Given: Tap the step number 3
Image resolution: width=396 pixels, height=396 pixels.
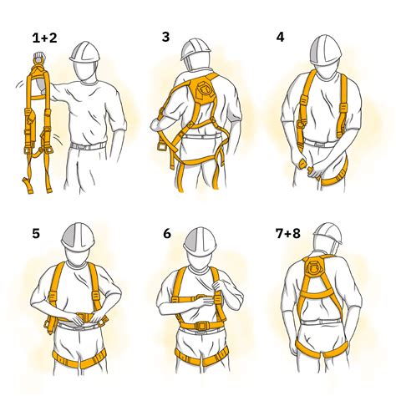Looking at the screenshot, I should click(165, 38).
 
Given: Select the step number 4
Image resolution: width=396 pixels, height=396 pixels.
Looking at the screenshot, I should click(279, 38).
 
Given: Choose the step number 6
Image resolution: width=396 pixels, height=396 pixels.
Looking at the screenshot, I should click(166, 234).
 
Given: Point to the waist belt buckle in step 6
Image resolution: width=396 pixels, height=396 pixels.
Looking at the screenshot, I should click(201, 325).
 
